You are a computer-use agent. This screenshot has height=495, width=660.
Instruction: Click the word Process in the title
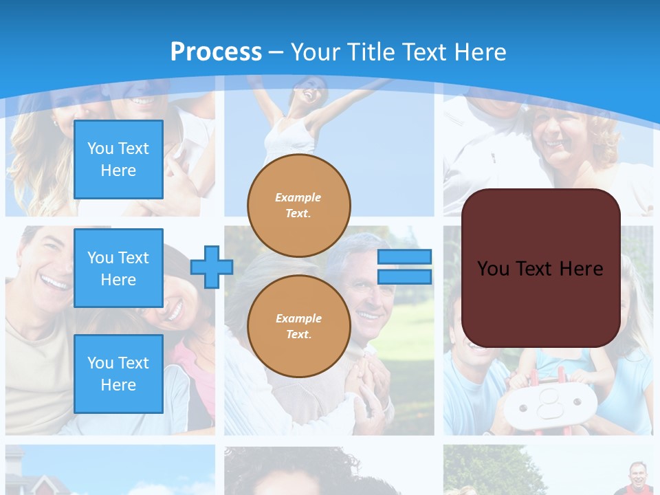point(216,52)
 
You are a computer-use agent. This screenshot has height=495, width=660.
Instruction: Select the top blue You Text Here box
point(118,159)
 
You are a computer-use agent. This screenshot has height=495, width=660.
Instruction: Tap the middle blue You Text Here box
point(118,268)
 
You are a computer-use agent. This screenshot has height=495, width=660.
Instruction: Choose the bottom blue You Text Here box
point(118,374)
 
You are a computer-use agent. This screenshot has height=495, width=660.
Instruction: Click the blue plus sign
point(211,267)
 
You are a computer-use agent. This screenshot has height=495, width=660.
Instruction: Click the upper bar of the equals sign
point(405,257)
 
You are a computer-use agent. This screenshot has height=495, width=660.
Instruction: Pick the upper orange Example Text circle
point(299,206)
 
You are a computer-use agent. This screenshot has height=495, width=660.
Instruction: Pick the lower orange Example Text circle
point(299,327)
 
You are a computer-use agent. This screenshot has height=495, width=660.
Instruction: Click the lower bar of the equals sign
point(405,276)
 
